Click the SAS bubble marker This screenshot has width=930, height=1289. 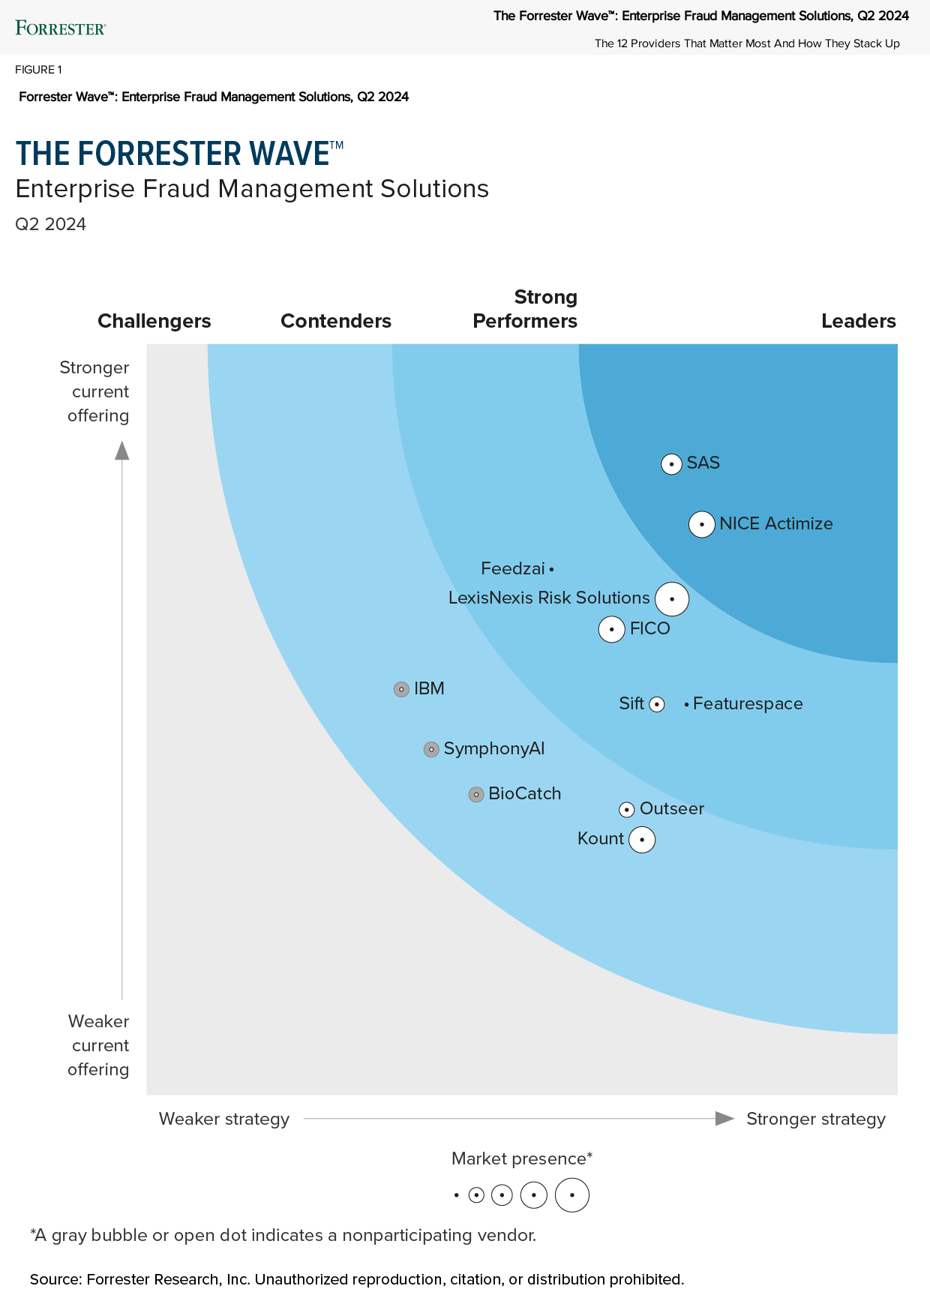coord(671,464)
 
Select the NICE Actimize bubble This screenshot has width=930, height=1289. coord(701,524)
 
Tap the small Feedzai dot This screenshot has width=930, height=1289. coord(551,570)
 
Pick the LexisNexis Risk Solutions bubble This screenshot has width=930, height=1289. coord(672,599)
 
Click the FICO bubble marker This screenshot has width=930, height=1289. coord(612,629)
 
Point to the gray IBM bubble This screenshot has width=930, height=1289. coord(401,689)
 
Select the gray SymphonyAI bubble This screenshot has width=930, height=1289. coord(431,749)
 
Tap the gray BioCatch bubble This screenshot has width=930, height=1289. coord(476,794)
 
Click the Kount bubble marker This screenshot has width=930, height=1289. coord(642,839)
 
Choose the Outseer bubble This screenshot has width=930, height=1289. coord(627,810)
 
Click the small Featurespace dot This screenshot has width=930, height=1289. coord(686,705)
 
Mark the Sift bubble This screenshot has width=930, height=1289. coord(657,704)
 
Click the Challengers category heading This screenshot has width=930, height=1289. coord(154,321)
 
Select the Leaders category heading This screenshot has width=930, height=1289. coord(858,321)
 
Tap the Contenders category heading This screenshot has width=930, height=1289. coord(335,321)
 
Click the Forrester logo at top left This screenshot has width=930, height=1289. coord(61,28)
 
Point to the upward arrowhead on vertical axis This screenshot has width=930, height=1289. coord(121,451)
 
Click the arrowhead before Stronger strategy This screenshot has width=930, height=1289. coord(724,1119)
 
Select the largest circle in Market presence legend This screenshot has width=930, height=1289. coord(572,1195)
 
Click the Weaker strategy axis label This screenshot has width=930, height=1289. coord(223,1119)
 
